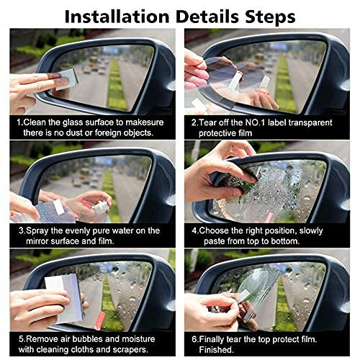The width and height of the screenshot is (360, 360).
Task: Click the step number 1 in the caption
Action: (x=19, y=122)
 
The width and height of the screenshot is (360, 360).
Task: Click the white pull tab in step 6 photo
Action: (x=245, y=294)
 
